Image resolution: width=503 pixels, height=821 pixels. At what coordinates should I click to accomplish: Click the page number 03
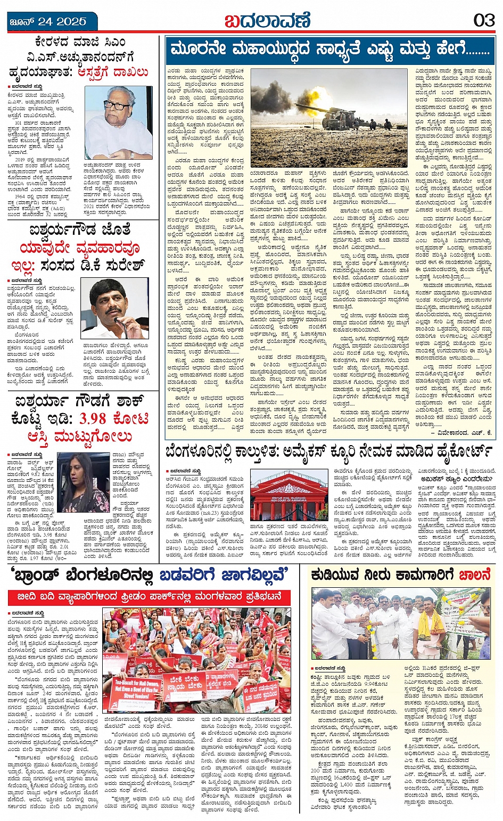click(483, 21)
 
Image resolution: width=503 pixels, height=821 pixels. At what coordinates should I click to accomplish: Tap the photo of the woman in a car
click(82, 482)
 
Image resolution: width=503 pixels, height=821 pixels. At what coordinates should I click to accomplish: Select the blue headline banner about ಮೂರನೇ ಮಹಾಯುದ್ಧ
click(330, 50)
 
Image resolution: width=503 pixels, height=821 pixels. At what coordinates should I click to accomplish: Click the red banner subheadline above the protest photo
click(149, 596)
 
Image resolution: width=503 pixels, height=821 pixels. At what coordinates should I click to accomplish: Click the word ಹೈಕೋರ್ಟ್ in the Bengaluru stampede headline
click(461, 453)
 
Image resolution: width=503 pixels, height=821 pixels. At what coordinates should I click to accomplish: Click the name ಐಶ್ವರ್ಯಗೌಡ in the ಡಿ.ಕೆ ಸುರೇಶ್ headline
click(63, 231)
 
